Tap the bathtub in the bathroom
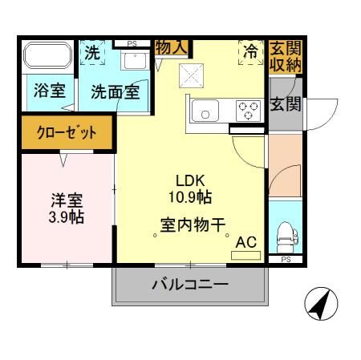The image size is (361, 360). tap(47, 56)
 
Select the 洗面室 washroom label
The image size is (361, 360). tap(115, 92)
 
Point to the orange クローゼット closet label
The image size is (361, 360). tap(66, 132)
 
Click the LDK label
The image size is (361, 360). tap(193, 180)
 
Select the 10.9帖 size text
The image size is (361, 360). tap(193, 195)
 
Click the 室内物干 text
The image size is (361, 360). tap(193, 227)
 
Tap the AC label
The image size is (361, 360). tap(246, 241)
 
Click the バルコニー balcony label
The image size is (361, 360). tap(190, 285)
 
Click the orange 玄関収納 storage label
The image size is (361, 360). tap(284, 56)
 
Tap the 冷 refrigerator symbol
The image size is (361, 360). tap(250, 53)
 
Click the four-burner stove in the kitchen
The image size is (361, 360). tap(249, 109)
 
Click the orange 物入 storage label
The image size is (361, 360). tap(171, 47)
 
